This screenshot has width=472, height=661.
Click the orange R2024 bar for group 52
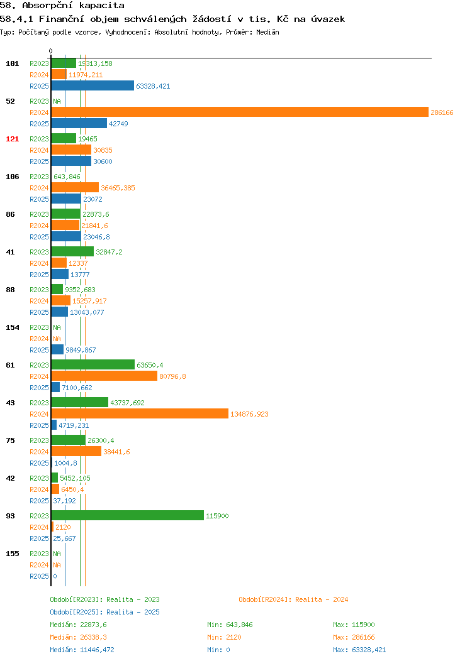[240, 112]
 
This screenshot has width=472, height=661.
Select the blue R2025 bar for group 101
[93, 85]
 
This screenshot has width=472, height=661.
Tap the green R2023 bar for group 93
[128, 515]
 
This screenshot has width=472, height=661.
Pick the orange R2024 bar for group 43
[140, 413]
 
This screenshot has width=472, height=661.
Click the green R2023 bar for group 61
[93, 364]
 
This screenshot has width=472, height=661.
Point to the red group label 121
[12, 139]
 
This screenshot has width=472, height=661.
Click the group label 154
[12, 327]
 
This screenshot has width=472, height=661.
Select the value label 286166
[442, 112]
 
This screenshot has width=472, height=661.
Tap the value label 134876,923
[249, 414]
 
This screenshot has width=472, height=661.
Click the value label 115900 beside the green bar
[217, 516]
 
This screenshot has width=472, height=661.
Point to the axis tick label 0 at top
[51, 51]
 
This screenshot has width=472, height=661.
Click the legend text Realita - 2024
[322, 599]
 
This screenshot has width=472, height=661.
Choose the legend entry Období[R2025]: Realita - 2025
[104, 612]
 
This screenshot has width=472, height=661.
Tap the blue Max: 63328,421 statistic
[359, 650]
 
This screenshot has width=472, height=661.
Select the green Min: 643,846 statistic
[230, 625]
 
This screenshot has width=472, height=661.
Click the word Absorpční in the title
[47, 6]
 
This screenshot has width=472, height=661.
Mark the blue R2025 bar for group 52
[79, 123]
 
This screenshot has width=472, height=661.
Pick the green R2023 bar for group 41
[72, 251]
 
